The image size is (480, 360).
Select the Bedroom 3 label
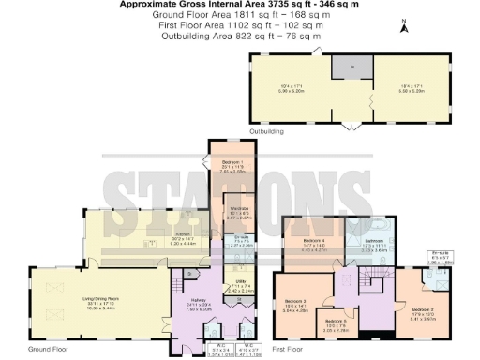pyautogui.click(x=297, y=303)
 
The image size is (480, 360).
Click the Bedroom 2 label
pyautogui.click(x=423, y=308)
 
